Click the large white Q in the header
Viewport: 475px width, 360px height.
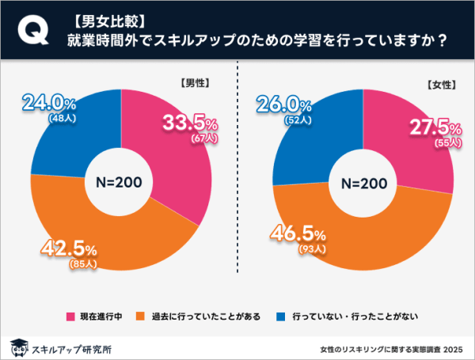31,31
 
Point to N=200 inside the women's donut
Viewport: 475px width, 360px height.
360,182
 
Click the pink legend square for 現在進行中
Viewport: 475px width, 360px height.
70,316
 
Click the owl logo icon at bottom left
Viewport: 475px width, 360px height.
17,347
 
